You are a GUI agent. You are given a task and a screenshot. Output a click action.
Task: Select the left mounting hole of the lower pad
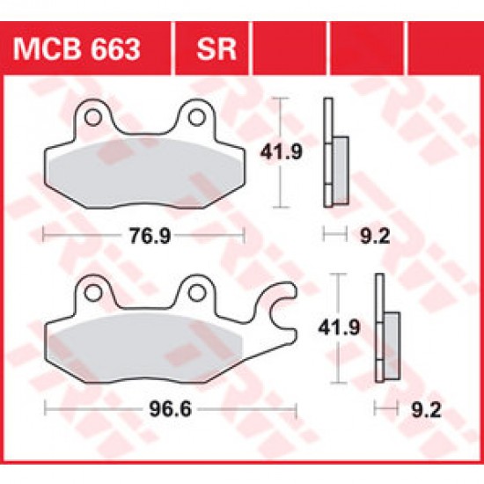pos(92,290)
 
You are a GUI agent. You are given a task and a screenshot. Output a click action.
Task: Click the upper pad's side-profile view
pos(335,155)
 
